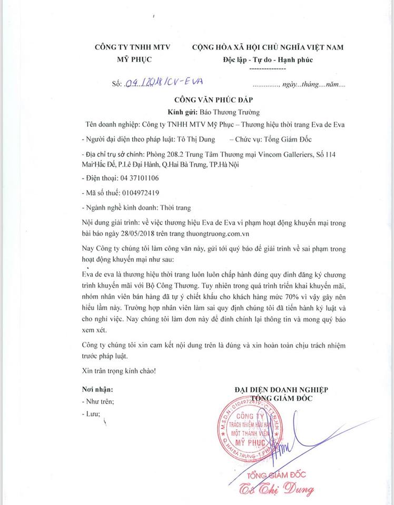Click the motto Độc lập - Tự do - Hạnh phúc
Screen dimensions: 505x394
[x=268, y=59]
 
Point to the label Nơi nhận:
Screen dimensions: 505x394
[x=97, y=390]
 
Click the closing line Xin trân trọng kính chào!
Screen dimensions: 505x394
[x=119, y=370]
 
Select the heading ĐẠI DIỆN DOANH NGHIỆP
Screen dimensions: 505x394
[x=281, y=389]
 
